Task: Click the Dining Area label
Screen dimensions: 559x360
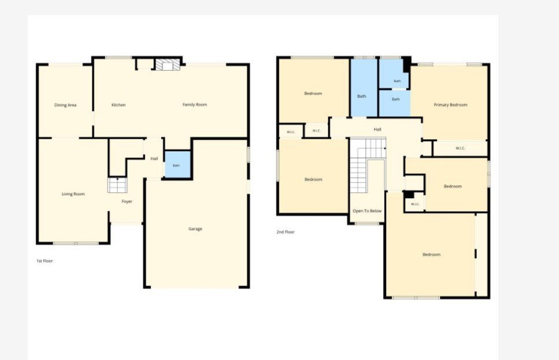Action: [65, 105]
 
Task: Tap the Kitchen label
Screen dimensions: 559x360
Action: [119, 105]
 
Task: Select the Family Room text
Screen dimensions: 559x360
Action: [195, 105]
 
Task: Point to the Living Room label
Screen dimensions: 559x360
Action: [73, 194]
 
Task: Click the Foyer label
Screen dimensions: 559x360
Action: [127, 202]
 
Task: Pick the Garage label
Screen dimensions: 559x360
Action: [195, 229]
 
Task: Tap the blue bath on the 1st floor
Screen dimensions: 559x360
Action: [177, 164]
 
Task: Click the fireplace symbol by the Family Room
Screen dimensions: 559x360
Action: [168, 65]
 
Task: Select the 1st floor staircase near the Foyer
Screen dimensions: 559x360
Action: [117, 185]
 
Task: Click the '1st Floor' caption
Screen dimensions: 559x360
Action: [45, 261]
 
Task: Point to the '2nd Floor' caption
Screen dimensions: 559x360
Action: [286, 232]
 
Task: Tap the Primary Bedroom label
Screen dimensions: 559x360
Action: [450, 105]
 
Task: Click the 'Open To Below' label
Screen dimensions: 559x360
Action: [367, 211]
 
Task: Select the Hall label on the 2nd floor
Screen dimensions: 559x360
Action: [377, 129]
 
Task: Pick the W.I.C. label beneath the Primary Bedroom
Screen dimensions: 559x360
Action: [460, 149]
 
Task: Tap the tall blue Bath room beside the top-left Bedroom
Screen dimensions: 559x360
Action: [364, 88]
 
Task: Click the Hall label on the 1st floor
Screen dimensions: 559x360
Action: [154, 158]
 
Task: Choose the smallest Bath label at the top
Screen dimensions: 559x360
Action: [397, 81]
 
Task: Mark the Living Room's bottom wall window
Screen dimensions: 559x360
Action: [76, 243]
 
